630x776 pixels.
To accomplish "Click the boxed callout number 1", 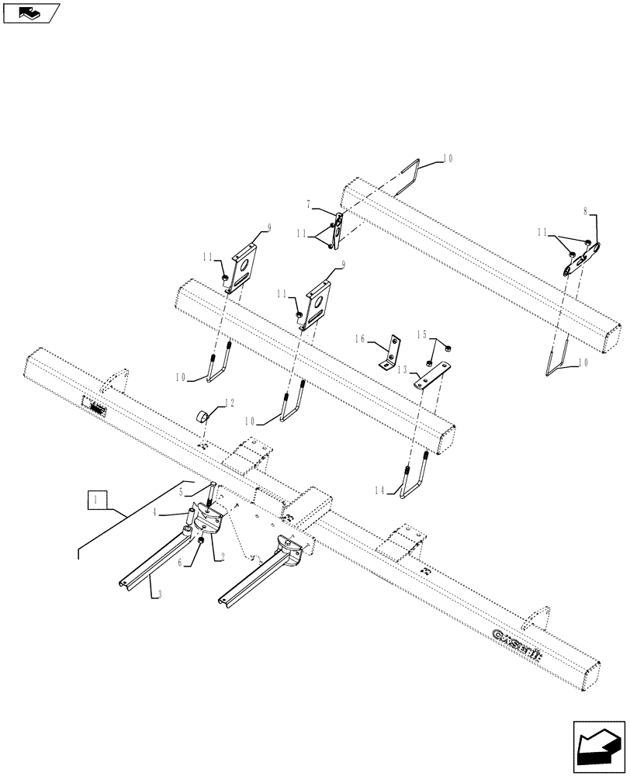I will pos(95,501).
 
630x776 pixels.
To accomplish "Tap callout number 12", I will pos(228,403).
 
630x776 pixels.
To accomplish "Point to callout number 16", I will pos(359,339).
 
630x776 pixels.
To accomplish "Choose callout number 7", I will pos(309,204).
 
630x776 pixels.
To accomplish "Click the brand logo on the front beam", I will pos(518,636).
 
